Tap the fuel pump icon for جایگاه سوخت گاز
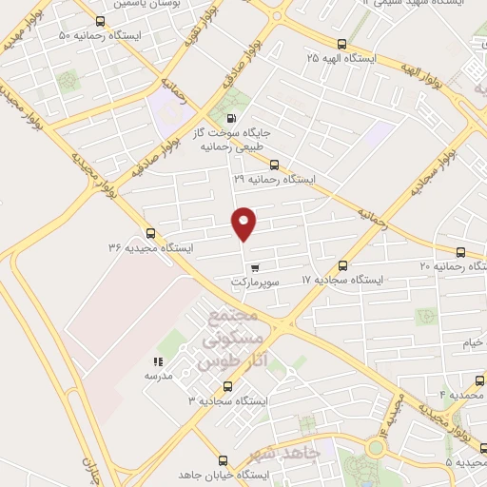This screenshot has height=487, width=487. pos(234,118)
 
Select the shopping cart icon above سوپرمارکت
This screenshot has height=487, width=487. pos(254,267)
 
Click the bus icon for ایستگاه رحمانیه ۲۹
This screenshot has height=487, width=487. pos(274,165)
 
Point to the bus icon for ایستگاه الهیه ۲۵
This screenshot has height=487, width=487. pos(341,44)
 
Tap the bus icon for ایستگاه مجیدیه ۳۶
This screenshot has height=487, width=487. pos(150,233)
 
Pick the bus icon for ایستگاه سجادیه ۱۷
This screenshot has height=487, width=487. pos(342,265)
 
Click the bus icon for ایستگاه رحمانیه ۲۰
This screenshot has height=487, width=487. pos(461,252)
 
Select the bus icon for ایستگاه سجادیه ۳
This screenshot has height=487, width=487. pos(226,386)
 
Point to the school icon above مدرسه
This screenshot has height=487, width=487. pos(158,361)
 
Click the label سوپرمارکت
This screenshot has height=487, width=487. pos(254,282)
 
